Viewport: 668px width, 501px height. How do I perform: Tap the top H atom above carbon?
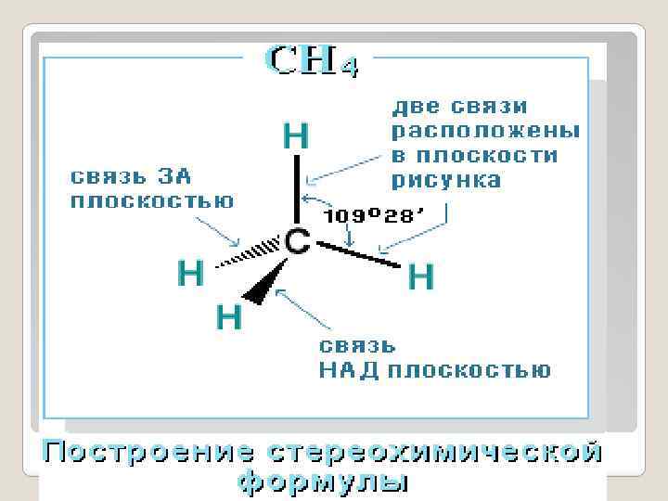296,138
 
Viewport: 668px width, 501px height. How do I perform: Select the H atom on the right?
421,276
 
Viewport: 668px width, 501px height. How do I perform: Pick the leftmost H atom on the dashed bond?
191,274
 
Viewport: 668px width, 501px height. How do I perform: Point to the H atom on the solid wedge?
229,318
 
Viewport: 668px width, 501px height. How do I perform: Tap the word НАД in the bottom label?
350,371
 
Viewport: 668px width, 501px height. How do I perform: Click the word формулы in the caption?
321,482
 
